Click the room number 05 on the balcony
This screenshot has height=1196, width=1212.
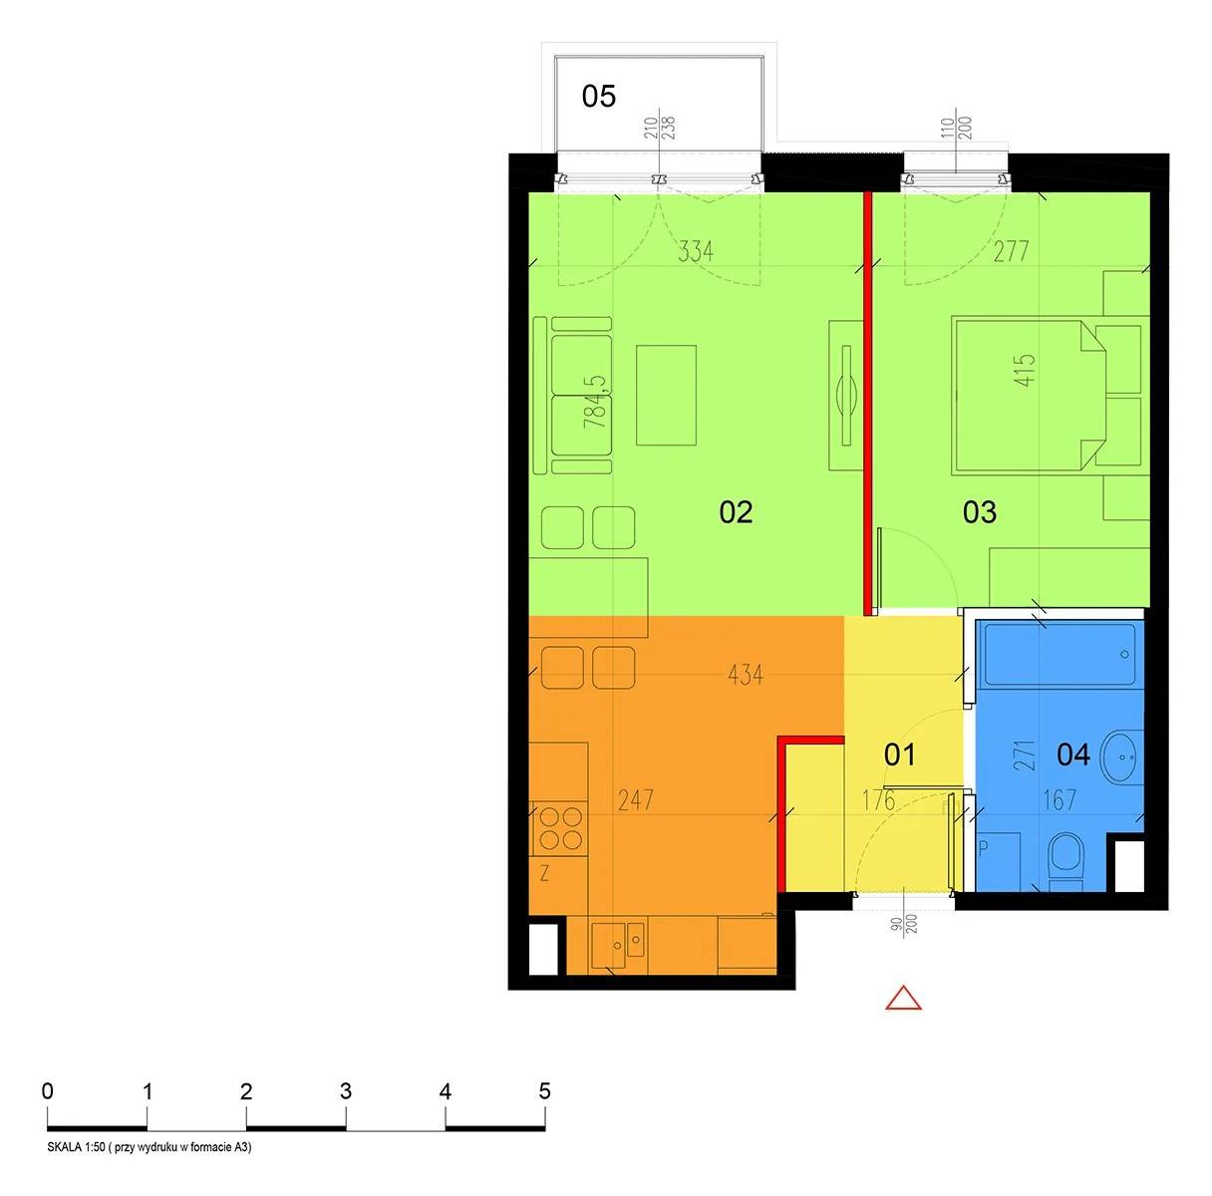click(x=598, y=97)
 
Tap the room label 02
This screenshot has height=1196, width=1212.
click(x=736, y=512)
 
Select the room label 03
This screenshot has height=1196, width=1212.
click(x=980, y=512)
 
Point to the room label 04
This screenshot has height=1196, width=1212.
click(x=1073, y=754)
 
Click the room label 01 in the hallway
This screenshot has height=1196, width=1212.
click(x=899, y=754)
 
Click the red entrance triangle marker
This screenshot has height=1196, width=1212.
click(x=903, y=998)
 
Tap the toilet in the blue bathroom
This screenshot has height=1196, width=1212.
click(x=1067, y=861)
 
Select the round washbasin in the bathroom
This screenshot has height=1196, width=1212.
click(x=1121, y=756)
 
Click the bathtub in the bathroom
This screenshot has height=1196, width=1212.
click(x=1060, y=654)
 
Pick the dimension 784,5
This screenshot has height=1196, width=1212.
click(x=596, y=403)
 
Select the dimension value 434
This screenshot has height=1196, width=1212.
click(x=746, y=675)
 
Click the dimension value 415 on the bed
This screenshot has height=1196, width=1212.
click(x=1025, y=370)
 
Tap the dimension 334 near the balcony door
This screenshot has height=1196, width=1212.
click(x=697, y=251)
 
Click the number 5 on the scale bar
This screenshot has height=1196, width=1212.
click(x=544, y=1091)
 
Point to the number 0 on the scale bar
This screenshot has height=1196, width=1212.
click(x=47, y=1091)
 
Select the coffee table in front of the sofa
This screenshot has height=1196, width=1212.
click(x=666, y=395)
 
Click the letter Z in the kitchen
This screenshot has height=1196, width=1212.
click(x=544, y=873)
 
